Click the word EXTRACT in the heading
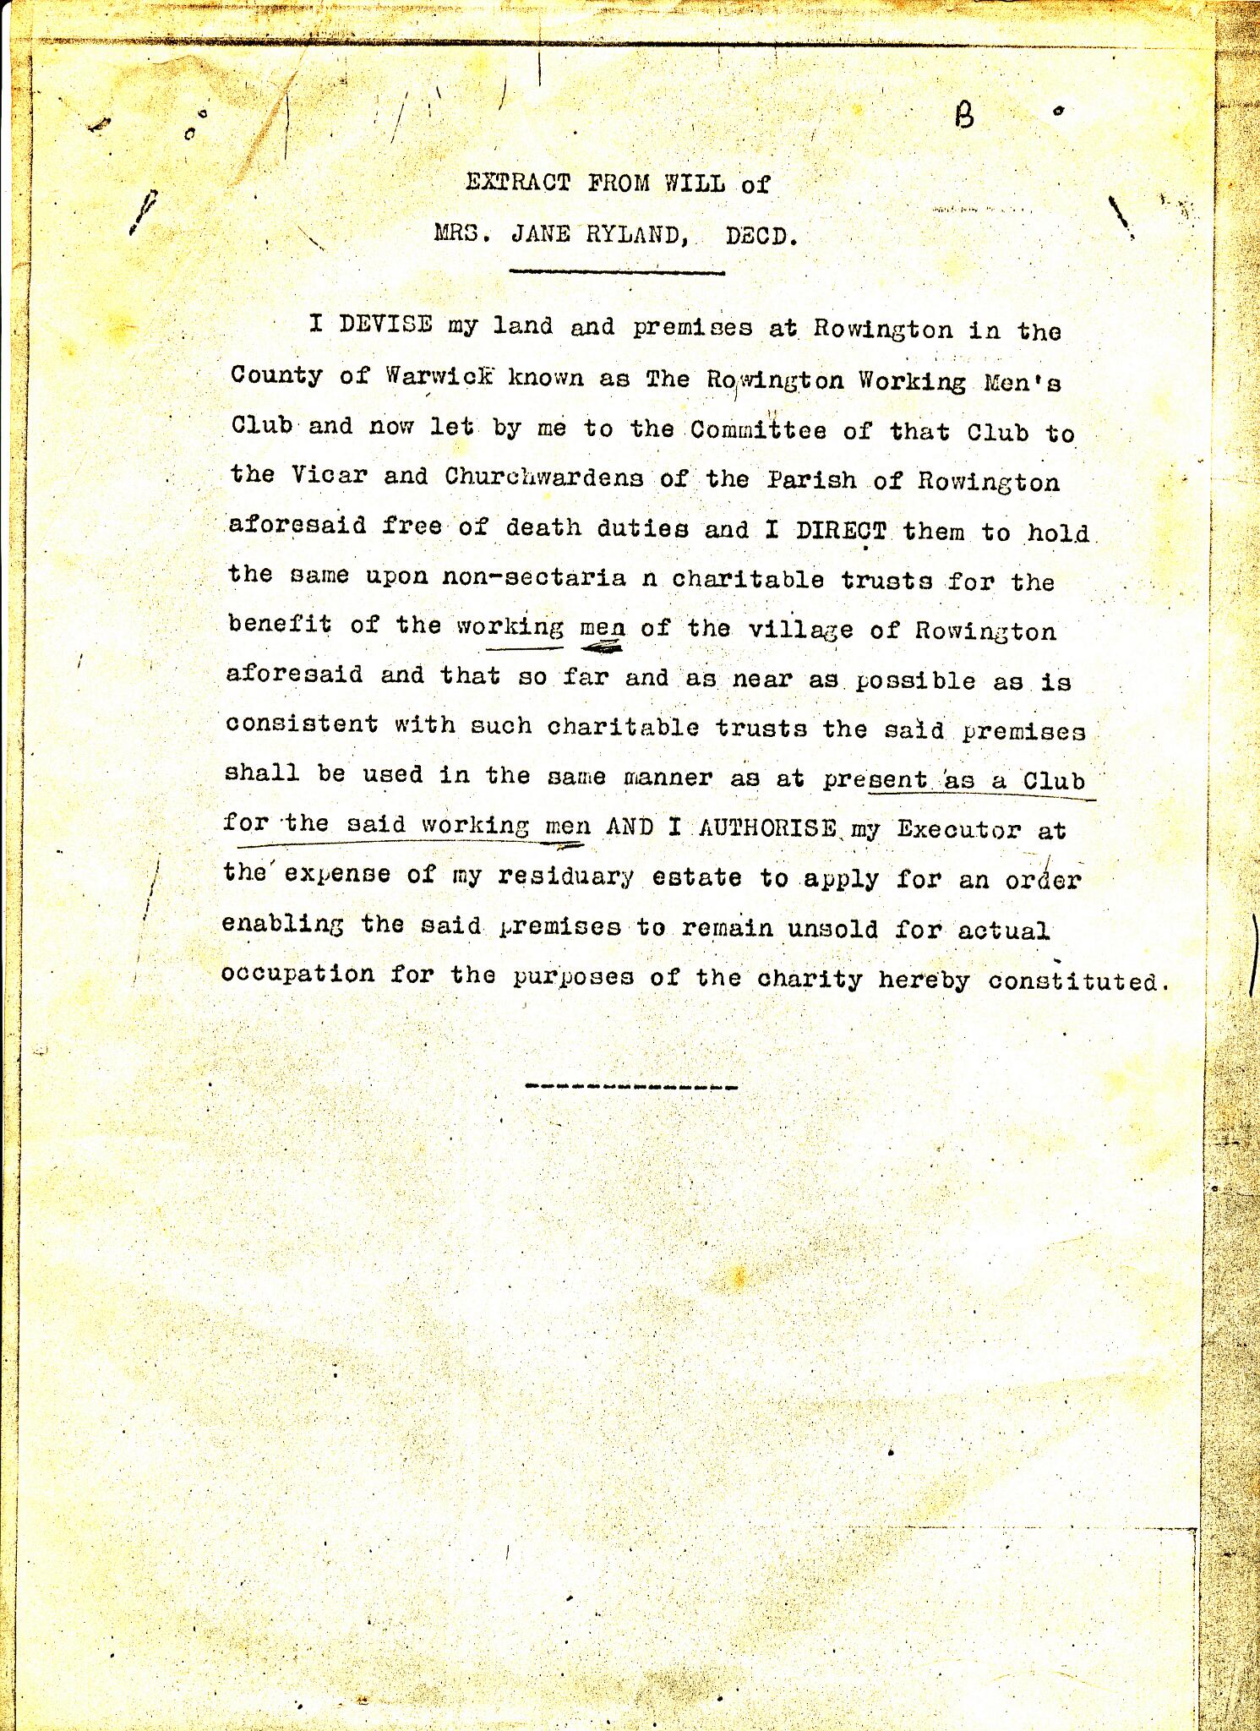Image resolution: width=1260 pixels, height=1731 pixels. pos(517,183)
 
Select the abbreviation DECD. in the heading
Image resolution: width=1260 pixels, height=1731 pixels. pos(761,237)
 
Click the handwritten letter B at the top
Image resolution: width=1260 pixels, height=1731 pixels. pos(964,116)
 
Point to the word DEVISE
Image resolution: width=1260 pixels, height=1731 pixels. pos(386,325)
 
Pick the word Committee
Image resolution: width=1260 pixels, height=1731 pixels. pos(758,430)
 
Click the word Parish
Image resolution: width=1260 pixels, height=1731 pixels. pos(811,480)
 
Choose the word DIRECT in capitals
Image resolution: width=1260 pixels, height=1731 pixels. pos(841,531)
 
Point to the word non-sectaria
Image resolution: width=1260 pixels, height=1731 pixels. pos(534,576)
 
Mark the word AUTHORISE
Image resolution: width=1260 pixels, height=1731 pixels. pos(768,827)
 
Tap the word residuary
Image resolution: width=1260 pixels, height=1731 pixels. pos(565,876)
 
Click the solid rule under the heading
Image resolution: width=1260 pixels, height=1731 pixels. pos(618,272)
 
